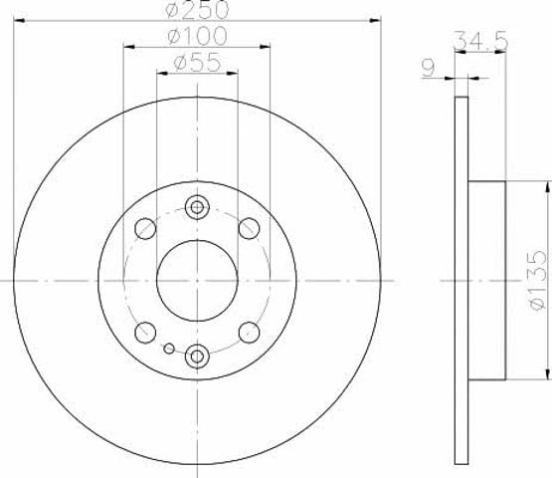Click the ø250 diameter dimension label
[x=197, y=10]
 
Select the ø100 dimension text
[x=197, y=36]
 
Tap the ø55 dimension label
[x=198, y=63]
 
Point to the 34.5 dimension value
[x=481, y=40]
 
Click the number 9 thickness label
[x=429, y=68]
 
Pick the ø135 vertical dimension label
[x=538, y=281]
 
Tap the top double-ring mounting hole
[x=197, y=207]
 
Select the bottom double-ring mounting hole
[x=197, y=357]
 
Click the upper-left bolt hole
[x=145, y=228]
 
